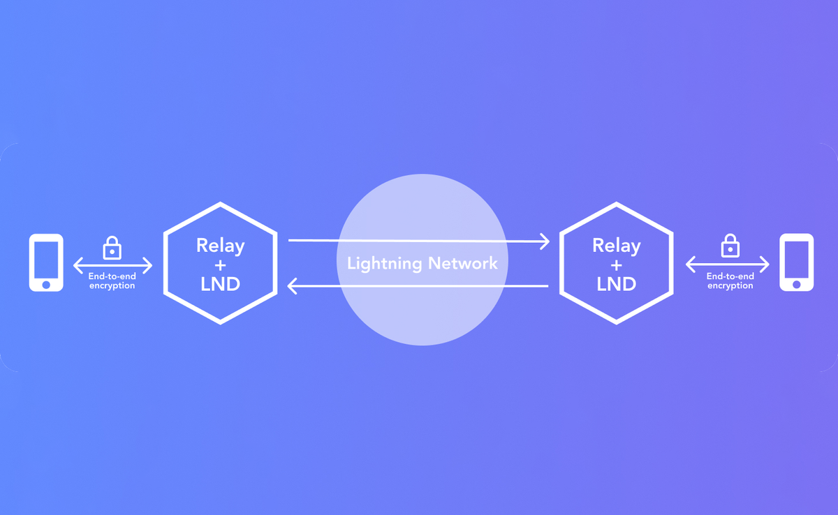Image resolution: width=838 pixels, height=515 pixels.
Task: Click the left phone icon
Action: [46, 262]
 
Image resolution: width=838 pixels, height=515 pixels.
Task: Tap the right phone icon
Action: [796, 262]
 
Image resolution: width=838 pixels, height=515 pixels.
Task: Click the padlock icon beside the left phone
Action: [112, 248]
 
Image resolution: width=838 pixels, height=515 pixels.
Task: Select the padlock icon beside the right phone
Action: [730, 246]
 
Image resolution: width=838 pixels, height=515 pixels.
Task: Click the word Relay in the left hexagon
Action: [221, 246]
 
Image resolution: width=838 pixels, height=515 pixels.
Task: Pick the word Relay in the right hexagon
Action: [616, 246]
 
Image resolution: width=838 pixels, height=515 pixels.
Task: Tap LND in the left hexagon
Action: [221, 284]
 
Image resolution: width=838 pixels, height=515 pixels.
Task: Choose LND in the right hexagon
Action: [616, 284]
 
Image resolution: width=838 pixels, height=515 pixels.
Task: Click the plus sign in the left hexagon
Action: [221, 265]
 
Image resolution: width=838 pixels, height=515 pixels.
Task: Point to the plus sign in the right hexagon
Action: [616, 265]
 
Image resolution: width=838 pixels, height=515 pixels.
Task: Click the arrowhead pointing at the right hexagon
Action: [544, 241]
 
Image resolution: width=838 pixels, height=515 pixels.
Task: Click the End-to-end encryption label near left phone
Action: [112, 281]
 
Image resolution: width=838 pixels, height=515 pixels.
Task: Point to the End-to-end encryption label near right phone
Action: [730, 281]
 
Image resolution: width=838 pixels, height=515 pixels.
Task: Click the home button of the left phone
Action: [46, 284]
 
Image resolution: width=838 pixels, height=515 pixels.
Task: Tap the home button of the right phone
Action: [796, 284]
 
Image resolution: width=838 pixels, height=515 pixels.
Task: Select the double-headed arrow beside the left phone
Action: [112, 265]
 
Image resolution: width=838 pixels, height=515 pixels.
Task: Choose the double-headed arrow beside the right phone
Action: [727, 264]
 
